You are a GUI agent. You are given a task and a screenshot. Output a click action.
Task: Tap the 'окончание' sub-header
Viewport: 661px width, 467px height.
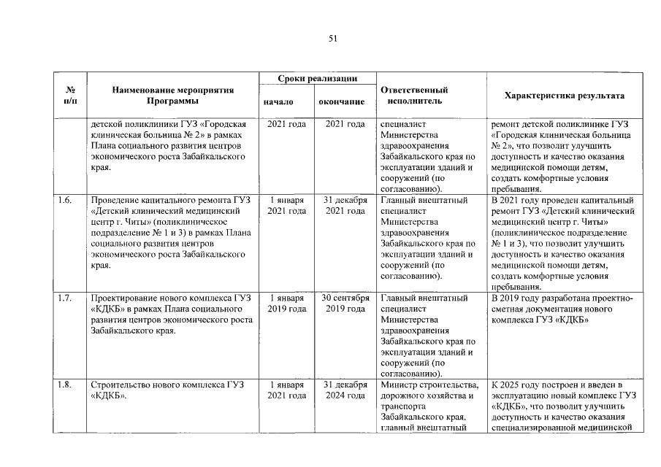(x=341, y=102)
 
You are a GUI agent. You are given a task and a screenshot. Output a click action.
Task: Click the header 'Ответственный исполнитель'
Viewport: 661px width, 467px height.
(x=414, y=96)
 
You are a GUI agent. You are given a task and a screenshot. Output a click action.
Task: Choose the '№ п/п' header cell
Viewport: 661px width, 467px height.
(x=72, y=96)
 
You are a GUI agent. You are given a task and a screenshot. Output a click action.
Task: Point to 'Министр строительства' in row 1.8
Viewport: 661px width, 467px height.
(x=429, y=385)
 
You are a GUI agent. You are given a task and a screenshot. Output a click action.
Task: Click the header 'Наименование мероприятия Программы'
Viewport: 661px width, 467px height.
(x=173, y=96)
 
